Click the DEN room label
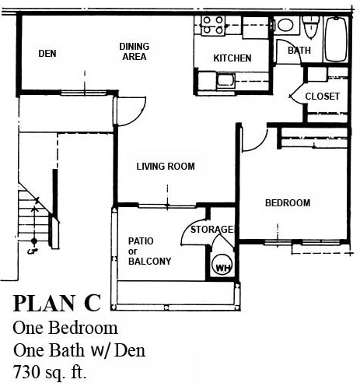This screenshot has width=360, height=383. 47,54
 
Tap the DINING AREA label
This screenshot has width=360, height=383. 134,51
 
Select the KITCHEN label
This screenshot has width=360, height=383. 232,58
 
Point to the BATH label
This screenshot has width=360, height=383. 299,51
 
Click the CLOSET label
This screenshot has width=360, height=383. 322,96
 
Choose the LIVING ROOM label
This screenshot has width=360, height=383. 165,166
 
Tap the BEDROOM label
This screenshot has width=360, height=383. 288,203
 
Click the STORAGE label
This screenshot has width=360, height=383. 214,230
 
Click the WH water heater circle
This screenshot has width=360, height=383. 223,267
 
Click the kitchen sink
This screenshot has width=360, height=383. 225,79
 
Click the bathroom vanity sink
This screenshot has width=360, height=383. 285,26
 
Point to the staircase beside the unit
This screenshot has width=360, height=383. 31,218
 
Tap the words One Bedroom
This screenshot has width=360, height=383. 65,328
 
